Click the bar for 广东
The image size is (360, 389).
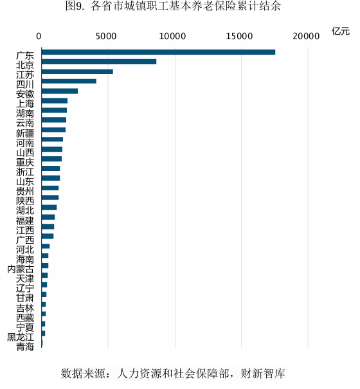(x=157, y=52)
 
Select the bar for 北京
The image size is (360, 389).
(x=98, y=62)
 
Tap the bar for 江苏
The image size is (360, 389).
(x=76, y=71)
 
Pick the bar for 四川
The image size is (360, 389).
(x=68, y=81)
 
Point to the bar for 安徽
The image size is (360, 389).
(x=59, y=91)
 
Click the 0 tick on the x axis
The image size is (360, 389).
(x=40, y=36)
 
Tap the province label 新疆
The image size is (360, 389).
(x=25, y=133)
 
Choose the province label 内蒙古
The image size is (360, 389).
(x=21, y=269)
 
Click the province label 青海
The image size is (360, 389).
(x=25, y=347)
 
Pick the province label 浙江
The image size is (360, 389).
(x=25, y=172)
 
